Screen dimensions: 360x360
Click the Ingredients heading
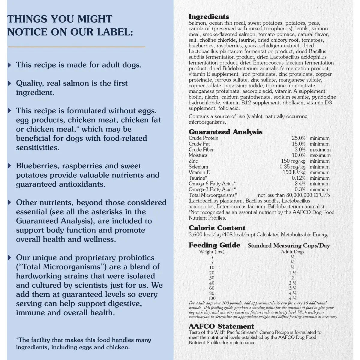(209, 17)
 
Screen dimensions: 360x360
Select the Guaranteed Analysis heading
(225, 132)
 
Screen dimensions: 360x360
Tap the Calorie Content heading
(217, 228)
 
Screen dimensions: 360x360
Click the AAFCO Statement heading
(221, 326)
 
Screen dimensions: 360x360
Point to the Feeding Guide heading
(214, 245)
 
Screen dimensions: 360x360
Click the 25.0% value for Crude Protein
(298, 138)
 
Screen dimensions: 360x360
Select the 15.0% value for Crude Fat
(298, 144)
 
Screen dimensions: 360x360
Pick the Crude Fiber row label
(201, 150)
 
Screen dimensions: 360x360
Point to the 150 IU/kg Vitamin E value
(294, 172)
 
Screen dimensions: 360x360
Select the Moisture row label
(198, 155)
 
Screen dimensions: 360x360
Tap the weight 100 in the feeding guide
(212, 298)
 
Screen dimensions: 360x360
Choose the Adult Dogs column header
(292, 252)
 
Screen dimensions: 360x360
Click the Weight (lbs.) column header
(212, 252)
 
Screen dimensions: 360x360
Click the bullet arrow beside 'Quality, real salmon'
(10, 83)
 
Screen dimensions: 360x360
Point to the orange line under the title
(76, 47)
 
